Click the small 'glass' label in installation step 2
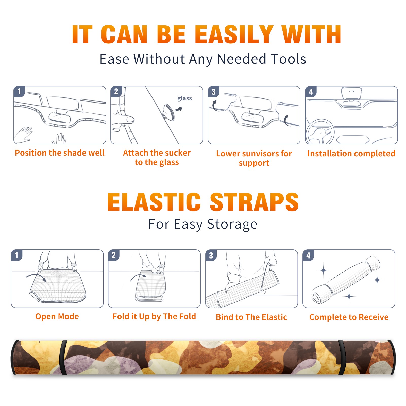point(184,98)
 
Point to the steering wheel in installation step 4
point(320,132)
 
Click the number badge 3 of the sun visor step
point(214,92)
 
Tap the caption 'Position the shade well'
point(60,153)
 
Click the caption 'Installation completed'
point(351,153)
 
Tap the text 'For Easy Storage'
point(203,224)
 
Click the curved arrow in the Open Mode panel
point(36,277)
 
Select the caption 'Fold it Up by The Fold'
point(154,316)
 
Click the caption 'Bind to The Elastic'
point(251,317)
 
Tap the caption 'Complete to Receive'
point(349,317)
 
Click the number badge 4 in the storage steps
point(308,255)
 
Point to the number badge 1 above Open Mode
point(17,255)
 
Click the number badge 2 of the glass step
point(116,92)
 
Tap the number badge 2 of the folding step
point(114,255)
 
